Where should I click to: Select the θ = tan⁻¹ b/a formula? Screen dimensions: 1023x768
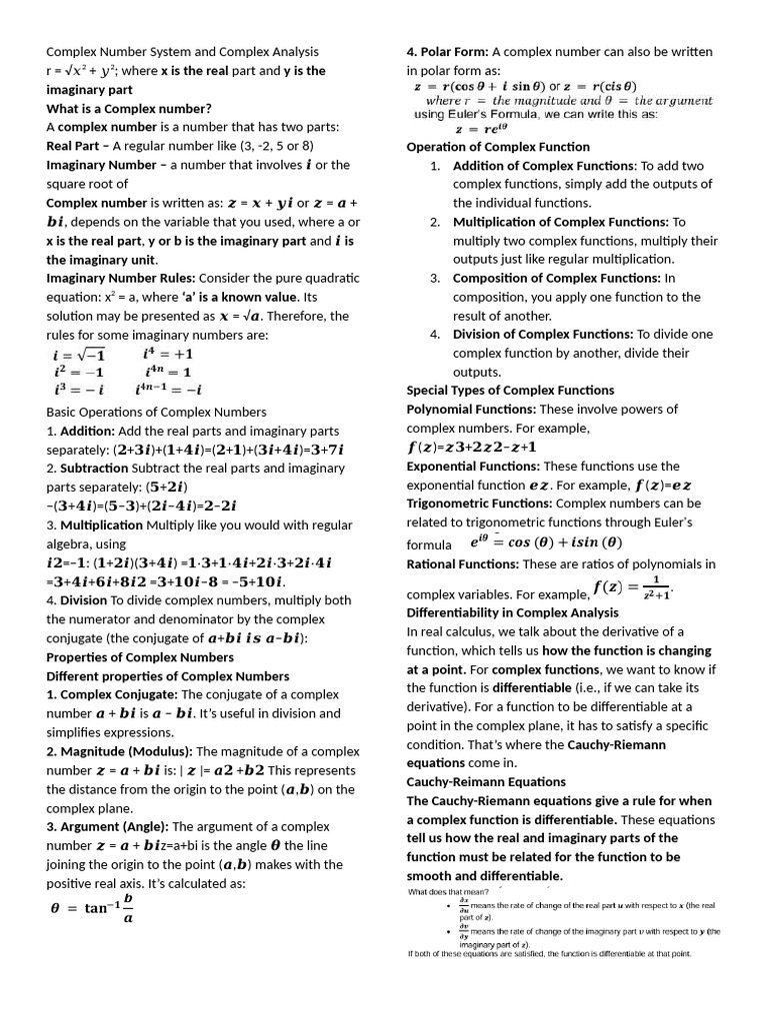click(x=92, y=908)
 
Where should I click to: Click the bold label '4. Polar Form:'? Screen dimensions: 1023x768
click(x=447, y=51)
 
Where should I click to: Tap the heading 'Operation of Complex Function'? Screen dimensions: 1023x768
click(x=497, y=147)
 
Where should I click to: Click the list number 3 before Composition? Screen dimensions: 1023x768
click(x=436, y=278)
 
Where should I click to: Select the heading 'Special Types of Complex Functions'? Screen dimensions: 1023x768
click(x=510, y=390)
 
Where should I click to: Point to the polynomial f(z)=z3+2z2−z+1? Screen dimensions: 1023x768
click(x=471, y=447)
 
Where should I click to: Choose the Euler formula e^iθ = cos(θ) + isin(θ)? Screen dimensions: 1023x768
click(x=545, y=542)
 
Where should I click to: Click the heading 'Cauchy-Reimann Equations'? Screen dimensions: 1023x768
click(x=486, y=781)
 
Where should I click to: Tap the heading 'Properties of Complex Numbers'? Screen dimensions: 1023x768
click(x=140, y=657)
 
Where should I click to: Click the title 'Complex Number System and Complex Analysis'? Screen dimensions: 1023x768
click(x=183, y=51)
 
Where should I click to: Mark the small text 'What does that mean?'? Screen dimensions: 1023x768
click(x=449, y=891)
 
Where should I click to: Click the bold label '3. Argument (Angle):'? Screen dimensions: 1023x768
click(x=109, y=826)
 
